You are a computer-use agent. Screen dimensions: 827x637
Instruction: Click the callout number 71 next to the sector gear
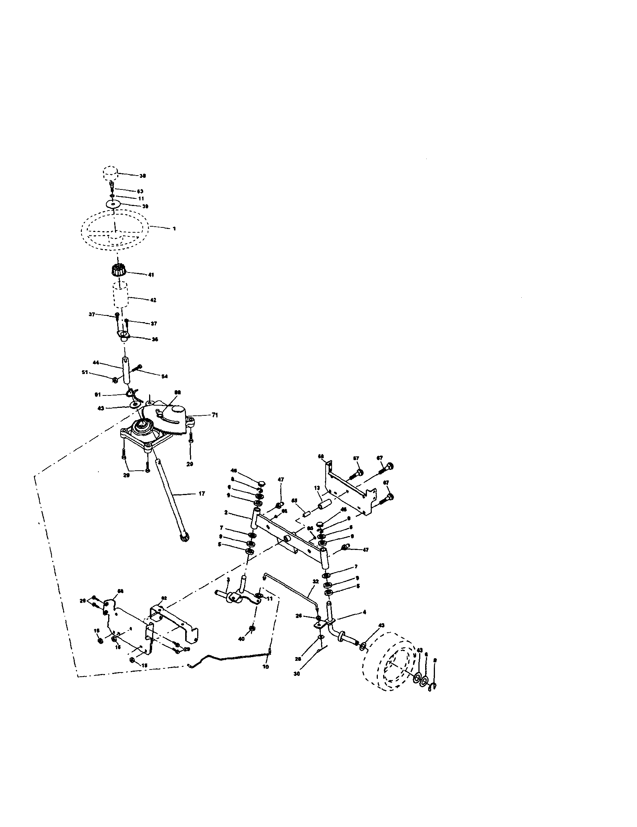pyautogui.click(x=214, y=415)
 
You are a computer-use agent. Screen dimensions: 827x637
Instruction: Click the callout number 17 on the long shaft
pyautogui.click(x=202, y=494)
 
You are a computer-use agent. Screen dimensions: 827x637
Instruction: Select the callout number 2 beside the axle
pyautogui.click(x=226, y=512)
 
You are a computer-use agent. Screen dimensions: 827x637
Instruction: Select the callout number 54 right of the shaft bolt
pyautogui.click(x=164, y=376)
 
